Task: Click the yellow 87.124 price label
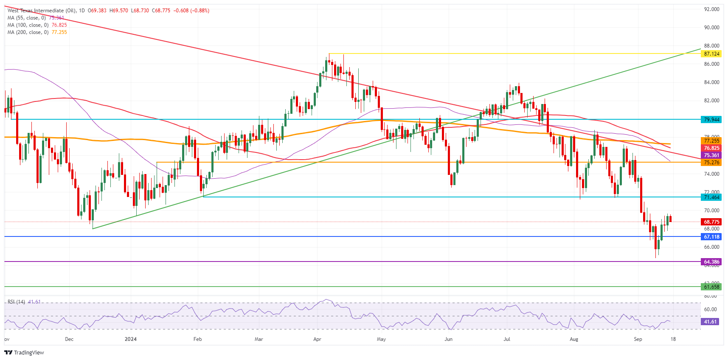pos(711,54)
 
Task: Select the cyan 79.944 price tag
pos(711,120)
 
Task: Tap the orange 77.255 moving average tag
pos(711,141)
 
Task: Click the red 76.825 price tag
pos(711,148)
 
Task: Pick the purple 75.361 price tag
pos(711,155)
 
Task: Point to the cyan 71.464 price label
pos(711,197)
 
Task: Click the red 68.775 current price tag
pos(711,222)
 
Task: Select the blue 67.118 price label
pos(711,237)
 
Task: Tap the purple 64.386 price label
pos(711,262)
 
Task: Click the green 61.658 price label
pos(711,287)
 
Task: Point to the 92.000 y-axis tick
pos(711,9)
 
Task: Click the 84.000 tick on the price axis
pos(711,82)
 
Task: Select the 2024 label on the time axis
pos(131,339)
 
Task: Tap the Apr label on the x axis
pos(317,339)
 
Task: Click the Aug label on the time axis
pos(574,339)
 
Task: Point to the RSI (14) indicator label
pos(17,302)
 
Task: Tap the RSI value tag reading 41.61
pos(710,322)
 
